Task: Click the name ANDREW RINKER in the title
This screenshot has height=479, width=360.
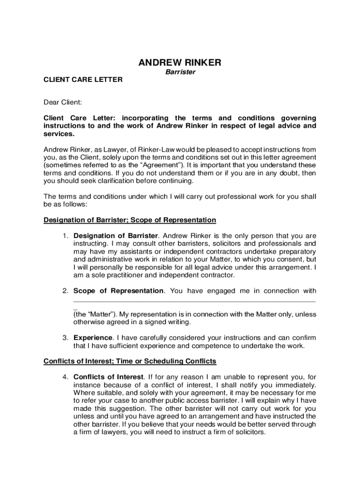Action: coord(180,63)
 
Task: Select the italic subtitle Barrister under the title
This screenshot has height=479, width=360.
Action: coord(180,73)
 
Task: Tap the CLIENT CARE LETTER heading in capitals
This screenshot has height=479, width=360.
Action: coord(83,80)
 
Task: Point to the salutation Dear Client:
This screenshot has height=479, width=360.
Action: coord(63,102)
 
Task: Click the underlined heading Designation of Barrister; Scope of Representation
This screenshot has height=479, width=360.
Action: coord(130,220)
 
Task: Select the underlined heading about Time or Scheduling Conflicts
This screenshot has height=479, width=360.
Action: coord(130,361)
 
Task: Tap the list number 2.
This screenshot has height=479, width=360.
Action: coord(66,291)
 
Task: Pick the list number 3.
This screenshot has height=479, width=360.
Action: coord(66,338)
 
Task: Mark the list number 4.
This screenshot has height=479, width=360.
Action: coord(66,377)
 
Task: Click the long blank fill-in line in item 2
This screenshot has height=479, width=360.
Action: coord(194,301)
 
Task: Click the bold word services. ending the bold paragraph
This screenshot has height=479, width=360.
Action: coord(58,134)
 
